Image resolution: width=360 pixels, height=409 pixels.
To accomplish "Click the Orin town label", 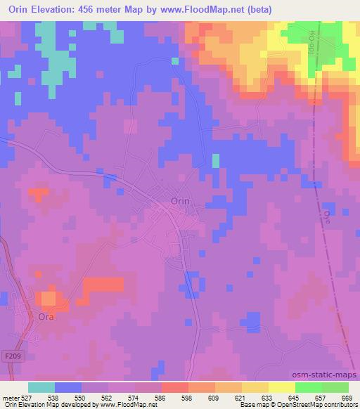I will click(186, 201).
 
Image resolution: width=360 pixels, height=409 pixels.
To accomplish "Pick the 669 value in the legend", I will click(347, 398).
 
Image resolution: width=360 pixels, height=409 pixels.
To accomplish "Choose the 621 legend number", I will click(239, 398).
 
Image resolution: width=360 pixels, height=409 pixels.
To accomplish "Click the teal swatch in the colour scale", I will click(41, 387).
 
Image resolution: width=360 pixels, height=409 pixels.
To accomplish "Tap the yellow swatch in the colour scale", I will click(281, 387).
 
